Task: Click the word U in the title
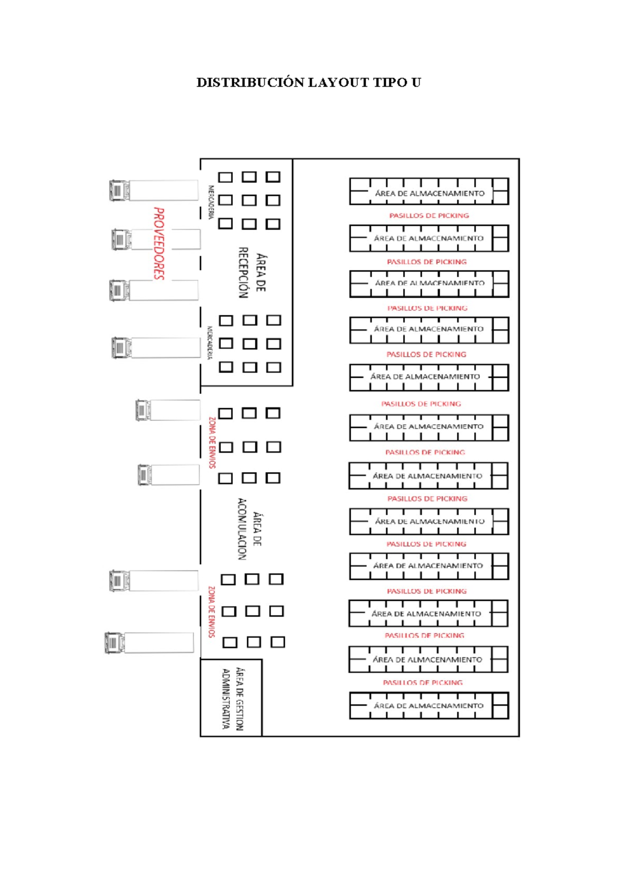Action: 416,82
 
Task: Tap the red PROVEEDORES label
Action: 159,243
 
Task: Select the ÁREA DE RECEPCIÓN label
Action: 251,273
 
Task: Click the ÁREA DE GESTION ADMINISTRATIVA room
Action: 231,698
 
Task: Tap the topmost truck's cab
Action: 119,191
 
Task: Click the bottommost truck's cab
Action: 114,643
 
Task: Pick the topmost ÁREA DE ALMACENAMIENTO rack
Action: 429,192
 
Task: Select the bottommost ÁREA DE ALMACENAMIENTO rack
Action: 429,705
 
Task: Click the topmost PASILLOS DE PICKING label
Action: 429,215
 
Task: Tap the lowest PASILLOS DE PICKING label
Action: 422,682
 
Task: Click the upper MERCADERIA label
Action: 211,203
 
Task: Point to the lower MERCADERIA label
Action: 210,342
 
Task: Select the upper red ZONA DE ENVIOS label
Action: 212,443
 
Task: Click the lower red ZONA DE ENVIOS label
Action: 211,612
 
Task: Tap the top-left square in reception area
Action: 225,177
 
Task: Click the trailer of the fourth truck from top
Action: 166,347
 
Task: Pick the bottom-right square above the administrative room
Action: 278,642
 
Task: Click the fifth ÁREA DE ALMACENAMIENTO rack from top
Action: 429,377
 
